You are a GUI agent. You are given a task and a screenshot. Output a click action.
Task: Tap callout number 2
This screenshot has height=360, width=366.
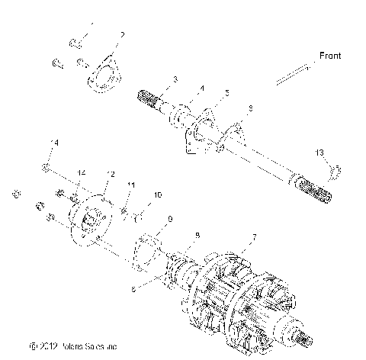click(x=123, y=35)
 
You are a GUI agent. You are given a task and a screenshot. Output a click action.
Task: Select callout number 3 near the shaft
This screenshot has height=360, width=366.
click(x=175, y=79)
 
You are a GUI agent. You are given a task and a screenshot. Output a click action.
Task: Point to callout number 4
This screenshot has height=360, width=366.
click(x=201, y=88)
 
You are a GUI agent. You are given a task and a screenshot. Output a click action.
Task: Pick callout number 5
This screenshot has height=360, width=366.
click(x=226, y=93)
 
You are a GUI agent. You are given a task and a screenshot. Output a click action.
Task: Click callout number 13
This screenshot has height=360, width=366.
click(x=318, y=153)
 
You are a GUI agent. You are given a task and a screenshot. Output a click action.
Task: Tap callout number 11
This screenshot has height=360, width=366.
click(x=130, y=185)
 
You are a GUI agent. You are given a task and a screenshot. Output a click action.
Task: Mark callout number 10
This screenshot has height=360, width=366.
click(x=157, y=195)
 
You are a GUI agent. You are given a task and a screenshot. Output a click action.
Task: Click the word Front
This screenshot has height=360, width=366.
click(x=329, y=56)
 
